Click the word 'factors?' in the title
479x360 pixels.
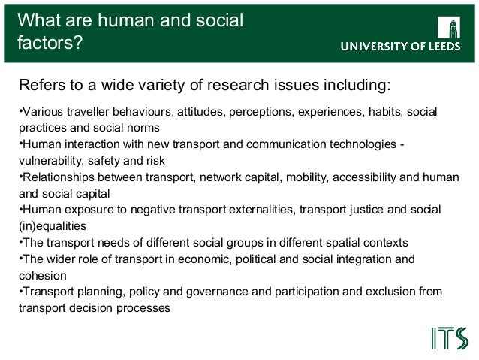[50, 43]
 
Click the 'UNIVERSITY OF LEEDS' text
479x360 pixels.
[403, 47]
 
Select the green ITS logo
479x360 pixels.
[450, 338]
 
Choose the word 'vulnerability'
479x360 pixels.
[51, 160]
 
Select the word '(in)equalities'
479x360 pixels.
[53, 225]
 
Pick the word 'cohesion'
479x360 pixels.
[43, 275]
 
